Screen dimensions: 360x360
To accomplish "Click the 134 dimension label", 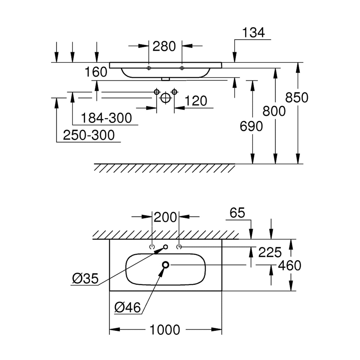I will pyautogui.click(x=254, y=33).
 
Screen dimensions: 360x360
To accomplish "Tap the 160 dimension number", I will pyautogui.click(x=96, y=72).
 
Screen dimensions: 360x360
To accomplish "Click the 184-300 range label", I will pyautogui.click(x=106, y=118).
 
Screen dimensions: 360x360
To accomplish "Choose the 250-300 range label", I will pyautogui.click(x=89, y=135).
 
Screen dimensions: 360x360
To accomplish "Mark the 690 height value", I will pyautogui.click(x=251, y=126).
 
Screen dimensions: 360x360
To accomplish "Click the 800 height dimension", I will pyautogui.click(x=274, y=111).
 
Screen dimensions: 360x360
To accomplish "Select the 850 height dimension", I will pyautogui.click(x=297, y=98).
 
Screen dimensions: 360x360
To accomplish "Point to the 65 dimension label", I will pyautogui.click(x=237, y=213).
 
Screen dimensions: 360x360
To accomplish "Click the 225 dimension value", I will pyautogui.click(x=270, y=253).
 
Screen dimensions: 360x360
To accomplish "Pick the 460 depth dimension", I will pyautogui.click(x=289, y=265).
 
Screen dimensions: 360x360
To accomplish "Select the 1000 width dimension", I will pyautogui.click(x=165, y=330).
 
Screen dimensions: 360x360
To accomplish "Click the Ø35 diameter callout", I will pyautogui.click(x=85, y=278).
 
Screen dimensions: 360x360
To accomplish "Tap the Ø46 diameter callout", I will pyautogui.click(x=128, y=308).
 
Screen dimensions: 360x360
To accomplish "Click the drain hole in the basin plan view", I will pyautogui.click(x=165, y=265).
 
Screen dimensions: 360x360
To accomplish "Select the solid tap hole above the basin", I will pyautogui.click(x=165, y=247).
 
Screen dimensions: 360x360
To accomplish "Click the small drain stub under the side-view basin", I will pyautogui.click(x=165, y=79).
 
